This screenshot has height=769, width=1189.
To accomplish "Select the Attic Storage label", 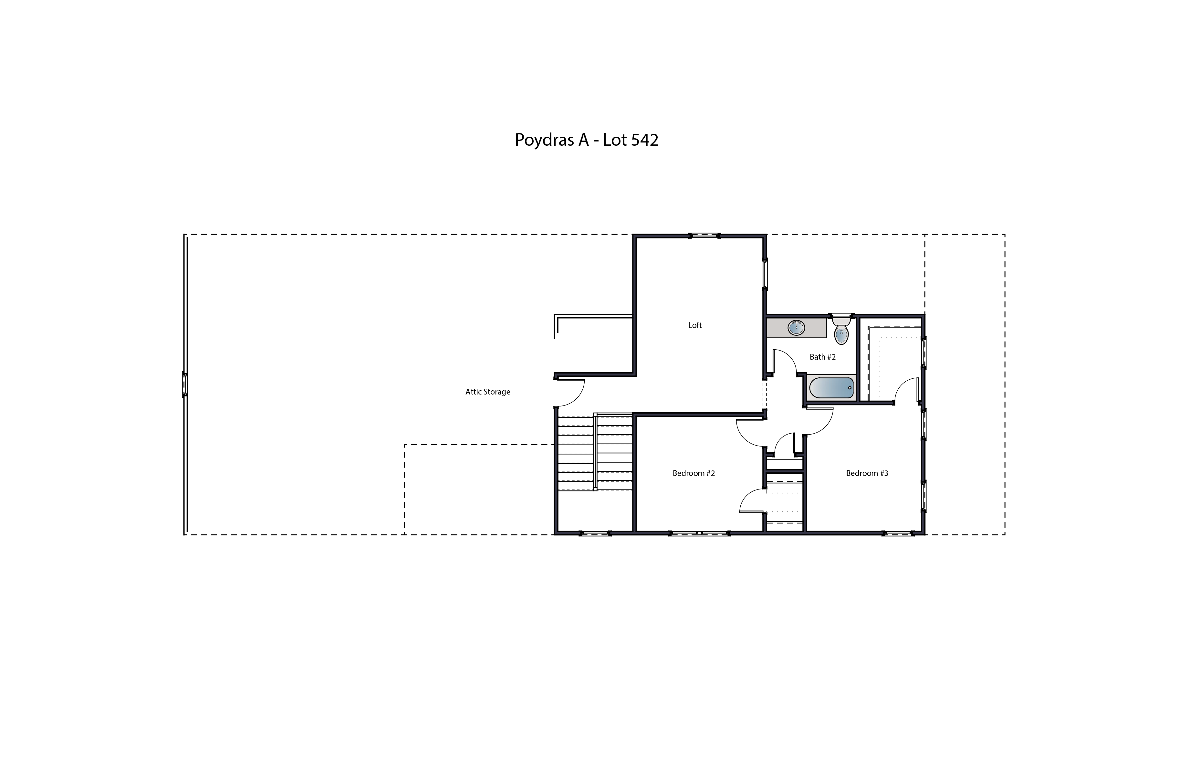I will (x=488, y=392).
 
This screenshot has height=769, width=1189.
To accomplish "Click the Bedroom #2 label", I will (x=693, y=473).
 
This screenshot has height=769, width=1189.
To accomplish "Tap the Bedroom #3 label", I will (x=867, y=473).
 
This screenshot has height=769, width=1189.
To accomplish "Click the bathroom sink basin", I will (x=796, y=328).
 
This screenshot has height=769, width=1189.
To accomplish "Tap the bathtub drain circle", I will (x=850, y=388).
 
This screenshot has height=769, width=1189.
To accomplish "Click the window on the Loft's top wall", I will (x=704, y=236).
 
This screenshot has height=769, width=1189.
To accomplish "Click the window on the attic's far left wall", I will (x=185, y=384).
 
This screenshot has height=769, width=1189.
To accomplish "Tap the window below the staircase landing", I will (x=595, y=534).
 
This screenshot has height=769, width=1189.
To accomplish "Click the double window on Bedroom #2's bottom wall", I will (x=699, y=534).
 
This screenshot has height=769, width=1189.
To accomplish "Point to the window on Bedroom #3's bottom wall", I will (x=898, y=534).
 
